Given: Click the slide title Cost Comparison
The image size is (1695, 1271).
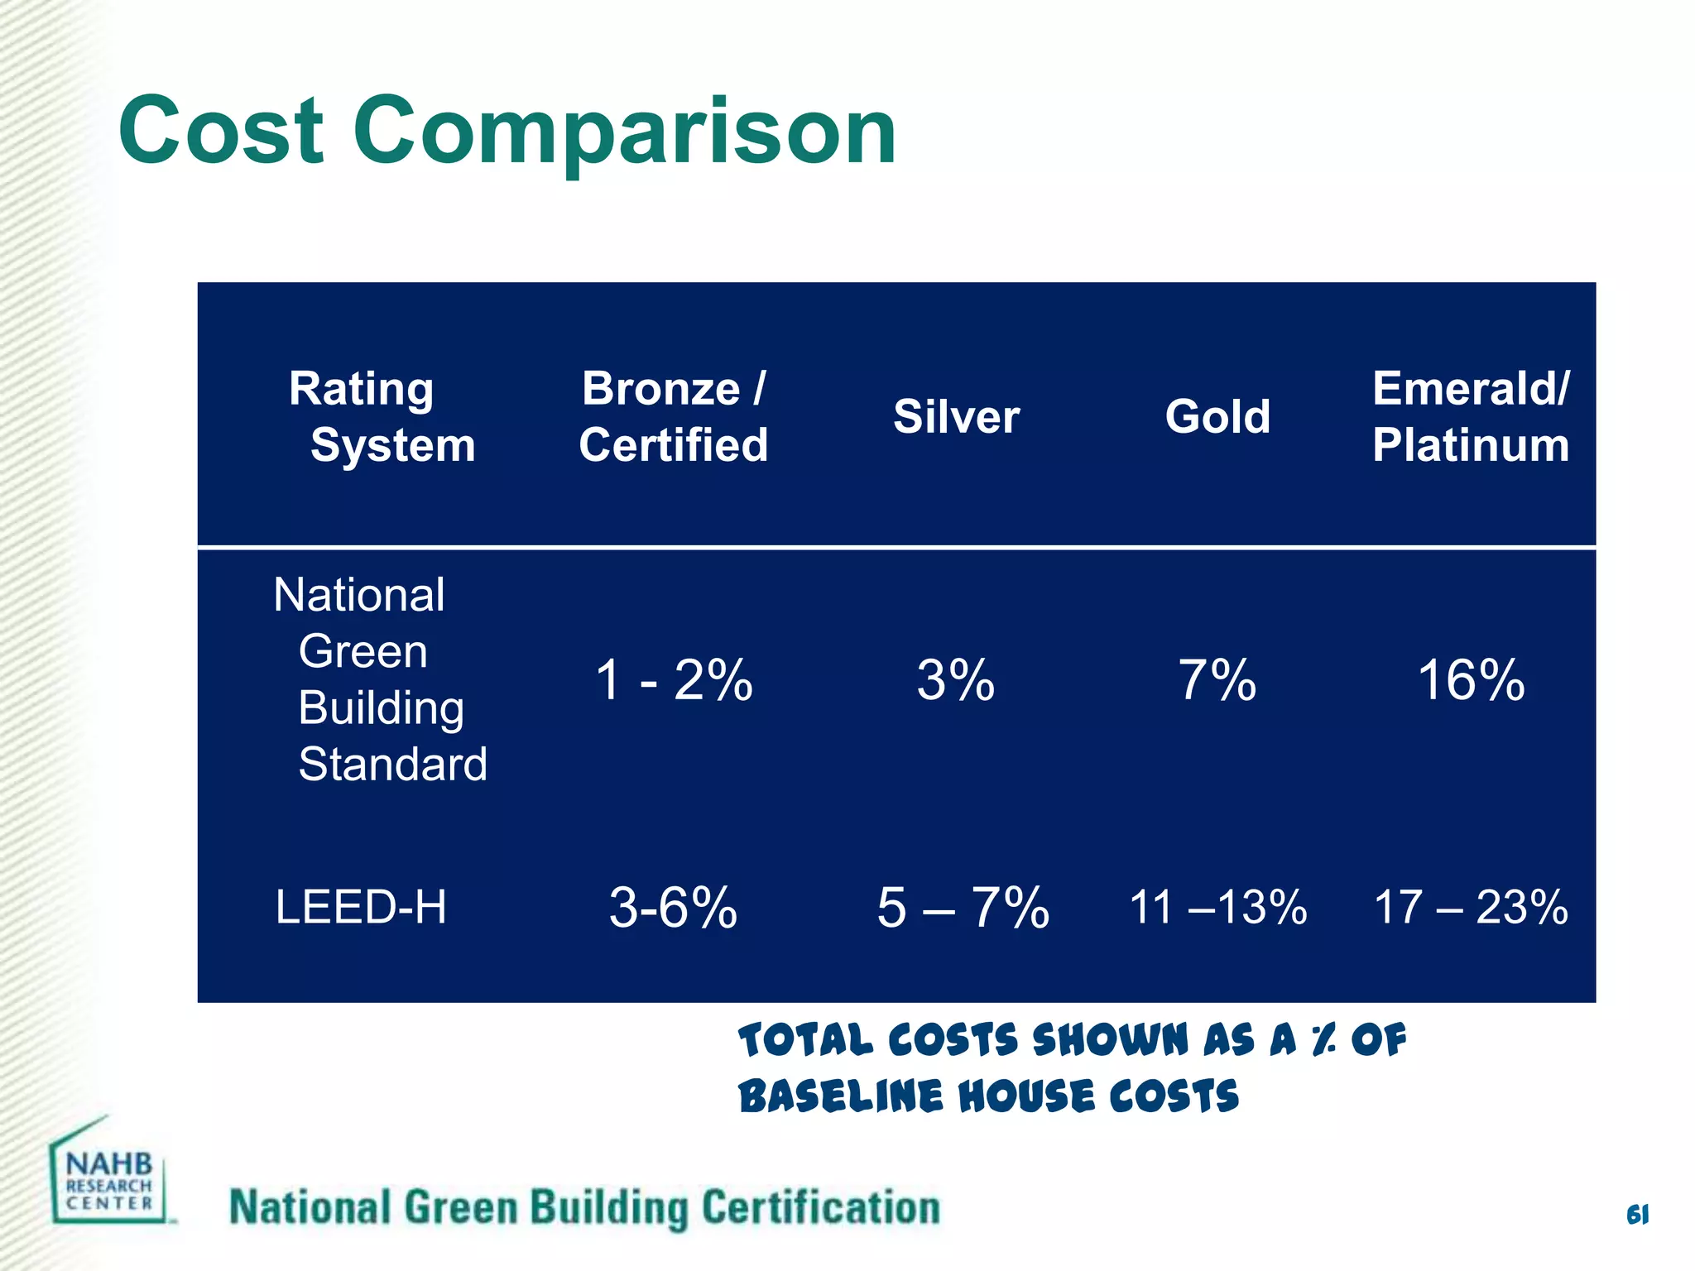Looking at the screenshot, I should (x=507, y=131).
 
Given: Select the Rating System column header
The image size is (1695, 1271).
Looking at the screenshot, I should (x=382, y=416).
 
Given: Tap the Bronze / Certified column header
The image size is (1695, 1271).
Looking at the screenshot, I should (x=673, y=416).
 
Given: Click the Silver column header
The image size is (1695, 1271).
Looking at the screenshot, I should (x=956, y=416).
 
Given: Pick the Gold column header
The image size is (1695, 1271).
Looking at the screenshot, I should (x=1217, y=416).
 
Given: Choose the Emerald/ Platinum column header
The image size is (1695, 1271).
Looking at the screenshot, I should (x=1471, y=416).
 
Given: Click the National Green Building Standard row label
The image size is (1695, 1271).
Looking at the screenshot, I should (x=380, y=679).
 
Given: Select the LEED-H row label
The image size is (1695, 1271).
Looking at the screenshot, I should (x=361, y=907).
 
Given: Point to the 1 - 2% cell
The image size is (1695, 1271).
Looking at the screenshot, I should (x=674, y=680).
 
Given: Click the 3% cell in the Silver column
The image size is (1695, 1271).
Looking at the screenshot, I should (x=956, y=680).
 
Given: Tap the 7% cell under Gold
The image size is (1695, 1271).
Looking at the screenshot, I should (x=1217, y=680).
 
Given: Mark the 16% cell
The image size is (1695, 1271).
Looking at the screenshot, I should (x=1471, y=680).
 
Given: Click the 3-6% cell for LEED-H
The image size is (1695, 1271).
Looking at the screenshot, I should (x=673, y=908).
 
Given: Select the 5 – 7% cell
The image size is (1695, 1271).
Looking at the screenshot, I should (x=963, y=908).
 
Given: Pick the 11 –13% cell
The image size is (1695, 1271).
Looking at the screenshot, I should (x=1218, y=908).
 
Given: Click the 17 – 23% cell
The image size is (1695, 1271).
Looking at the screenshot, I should (x=1471, y=908).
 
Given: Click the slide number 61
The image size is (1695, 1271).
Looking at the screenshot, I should (x=1637, y=1215).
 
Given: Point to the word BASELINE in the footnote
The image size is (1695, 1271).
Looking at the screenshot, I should (x=840, y=1096).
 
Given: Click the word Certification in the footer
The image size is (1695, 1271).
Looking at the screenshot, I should (x=821, y=1208).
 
